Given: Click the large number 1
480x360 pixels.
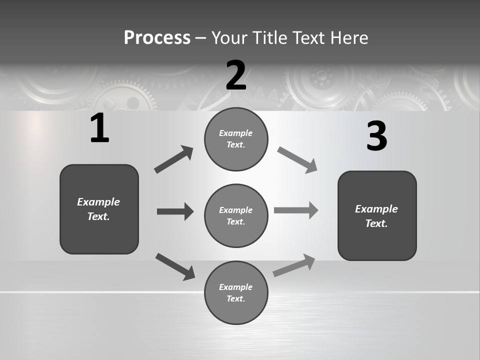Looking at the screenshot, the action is (x=99, y=128).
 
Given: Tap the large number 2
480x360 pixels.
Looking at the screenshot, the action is (x=236, y=75).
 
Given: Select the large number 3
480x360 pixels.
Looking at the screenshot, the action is (x=376, y=136).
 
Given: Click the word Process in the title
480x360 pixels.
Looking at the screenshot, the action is (x=157, y=37).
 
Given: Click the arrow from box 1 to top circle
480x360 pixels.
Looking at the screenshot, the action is (x=173, y=159).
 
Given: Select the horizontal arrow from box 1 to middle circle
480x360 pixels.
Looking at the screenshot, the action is (x=175, y=211).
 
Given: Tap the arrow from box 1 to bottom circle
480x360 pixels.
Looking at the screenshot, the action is (x=175, y=266).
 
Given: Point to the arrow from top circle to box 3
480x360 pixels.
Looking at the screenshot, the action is (x=297, y=160).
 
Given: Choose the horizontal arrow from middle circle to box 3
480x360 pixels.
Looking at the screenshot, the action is (x=296, y=210).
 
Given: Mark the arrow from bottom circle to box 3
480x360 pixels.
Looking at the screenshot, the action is (x=294, y=265).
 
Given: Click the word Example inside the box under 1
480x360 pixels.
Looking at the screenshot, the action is (x=98, y=202).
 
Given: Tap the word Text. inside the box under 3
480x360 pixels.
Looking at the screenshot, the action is (x=376, y=223).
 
